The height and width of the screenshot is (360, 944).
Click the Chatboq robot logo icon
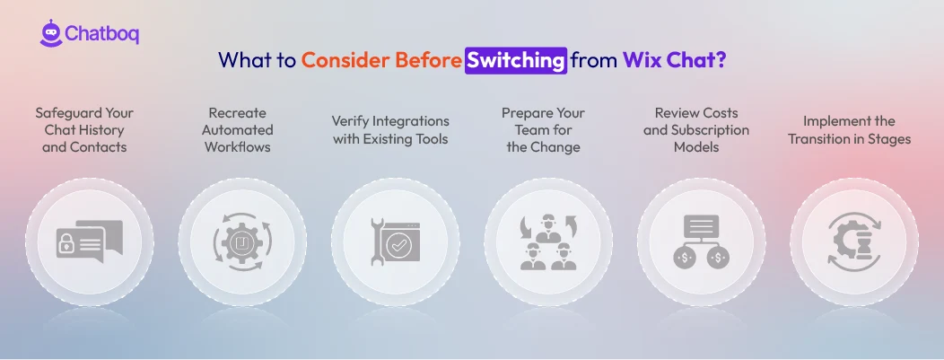(x=50, y=33)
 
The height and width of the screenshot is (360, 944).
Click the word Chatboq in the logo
(x=101, y=35)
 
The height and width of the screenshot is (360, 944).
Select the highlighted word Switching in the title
(x=516, y=60)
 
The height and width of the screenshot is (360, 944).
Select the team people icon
(x=548, y=242)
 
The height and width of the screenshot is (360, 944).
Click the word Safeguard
(x=71, y=113)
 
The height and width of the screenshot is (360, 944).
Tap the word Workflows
(x=238, y=147)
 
